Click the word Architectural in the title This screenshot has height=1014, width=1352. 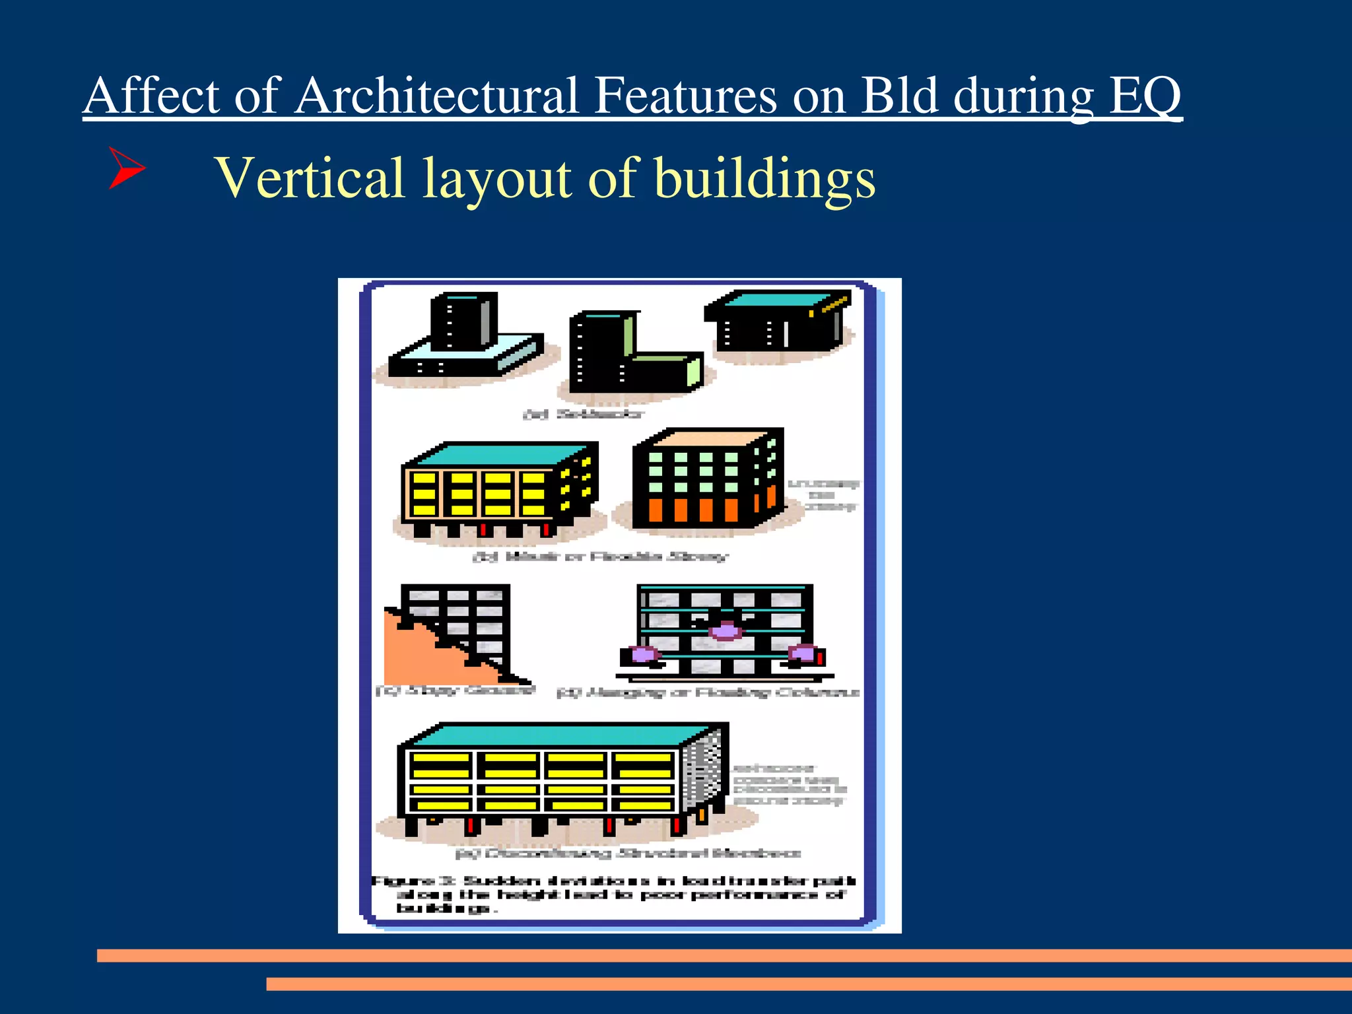coord(436,96)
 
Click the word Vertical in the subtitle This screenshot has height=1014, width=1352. coord(310,178)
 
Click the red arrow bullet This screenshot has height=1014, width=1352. coord(125,168)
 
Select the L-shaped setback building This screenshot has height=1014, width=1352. coord(621,356)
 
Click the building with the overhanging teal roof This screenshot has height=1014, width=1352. coord(779,323)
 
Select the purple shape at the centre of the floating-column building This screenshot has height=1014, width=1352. coord(726,631)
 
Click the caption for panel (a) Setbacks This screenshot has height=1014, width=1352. coord(583,415)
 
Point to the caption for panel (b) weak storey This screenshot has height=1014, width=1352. coord(601,557)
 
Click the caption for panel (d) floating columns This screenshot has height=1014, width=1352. coord(708,692)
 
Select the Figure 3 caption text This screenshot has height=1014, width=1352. coord(614,895)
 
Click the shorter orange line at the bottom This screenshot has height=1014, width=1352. coord(809,984)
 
